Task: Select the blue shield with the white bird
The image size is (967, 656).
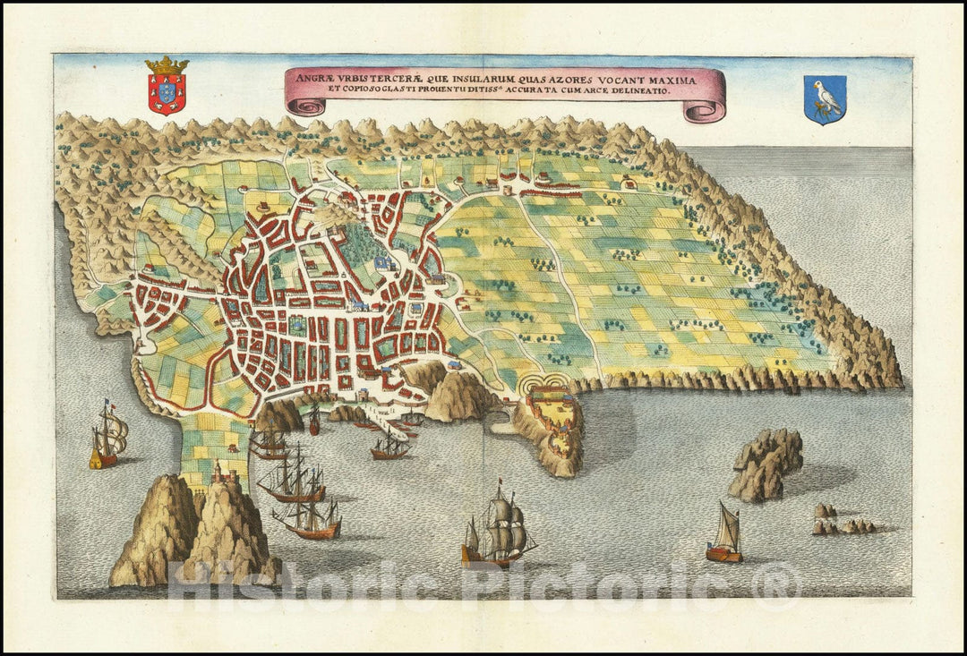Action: (x=824, y=99)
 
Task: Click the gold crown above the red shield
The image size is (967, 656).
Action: (x=167, y=65)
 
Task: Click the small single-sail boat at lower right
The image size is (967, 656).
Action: (x=724, y=537)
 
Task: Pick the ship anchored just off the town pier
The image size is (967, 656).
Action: (x=390, y=447)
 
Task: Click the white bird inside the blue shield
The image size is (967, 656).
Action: (x=826, y=97)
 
